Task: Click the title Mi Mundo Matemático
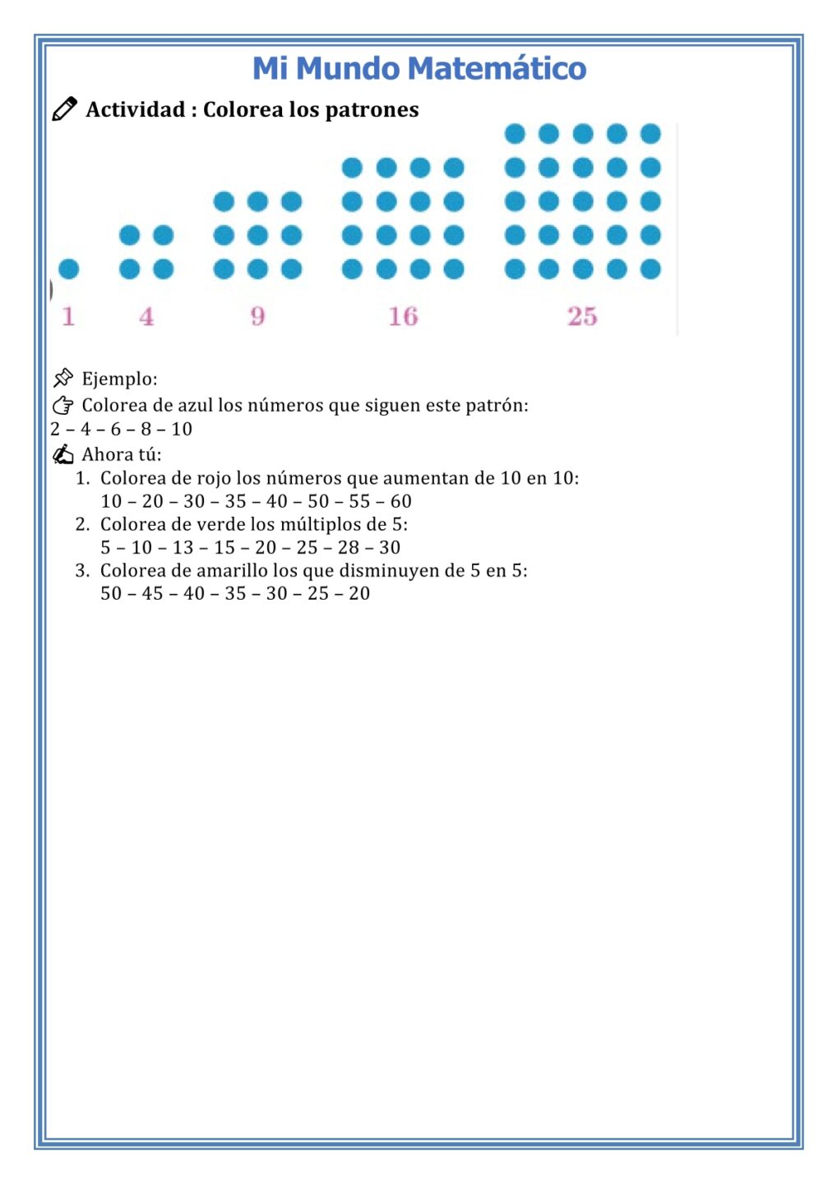(x=418, y=68)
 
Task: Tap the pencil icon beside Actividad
(x=64, y=109)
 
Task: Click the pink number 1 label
(x=68, y=316)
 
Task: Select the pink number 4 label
(x=146, y=316)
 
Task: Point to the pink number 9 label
(x=257, y=316)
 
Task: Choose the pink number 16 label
(x=403, y=316)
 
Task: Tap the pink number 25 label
(x=582, y=316)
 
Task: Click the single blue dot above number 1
(x=69, y=269)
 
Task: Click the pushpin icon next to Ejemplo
(x=62, y=378)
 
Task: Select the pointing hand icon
(x=62, y=405)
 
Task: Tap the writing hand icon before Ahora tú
(x=62, y=454)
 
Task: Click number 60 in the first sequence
(x=400, y=501)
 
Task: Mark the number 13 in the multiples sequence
(x=183, y=547)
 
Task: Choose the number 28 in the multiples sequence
(x=348, y=547)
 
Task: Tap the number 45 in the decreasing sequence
(x=152, y=593)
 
